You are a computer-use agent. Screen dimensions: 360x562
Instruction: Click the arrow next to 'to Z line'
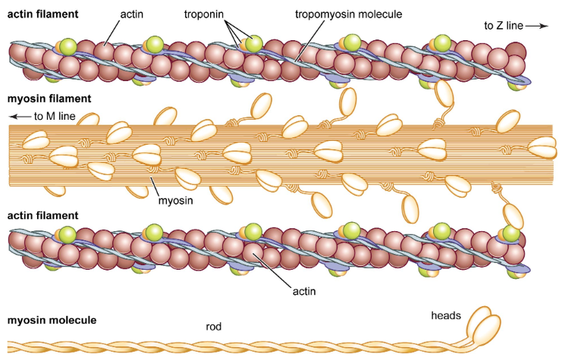click(535, 27)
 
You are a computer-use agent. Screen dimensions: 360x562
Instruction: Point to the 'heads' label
click(445, 315)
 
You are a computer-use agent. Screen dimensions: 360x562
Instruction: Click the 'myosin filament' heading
click(49, 99)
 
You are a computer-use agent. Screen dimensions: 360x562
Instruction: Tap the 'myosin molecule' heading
click(52, 321)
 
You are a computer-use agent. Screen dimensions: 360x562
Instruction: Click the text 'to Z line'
click(502, 27)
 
